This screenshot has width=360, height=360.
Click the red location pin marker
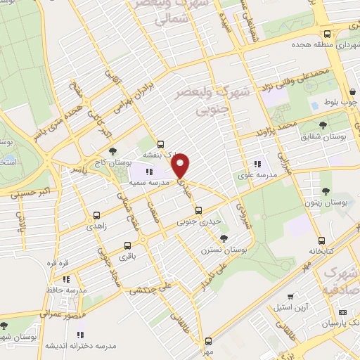click(181, 165)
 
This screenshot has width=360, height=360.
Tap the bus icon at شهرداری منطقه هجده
click(327, 34)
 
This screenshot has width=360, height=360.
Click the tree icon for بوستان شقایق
click(323, 125)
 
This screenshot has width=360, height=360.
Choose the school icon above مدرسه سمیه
click(148, 172)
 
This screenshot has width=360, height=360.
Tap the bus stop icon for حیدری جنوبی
click(198, 210)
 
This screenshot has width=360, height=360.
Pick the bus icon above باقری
click(127, 246)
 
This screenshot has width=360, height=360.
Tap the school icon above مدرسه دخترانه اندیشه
click(79, 335)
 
